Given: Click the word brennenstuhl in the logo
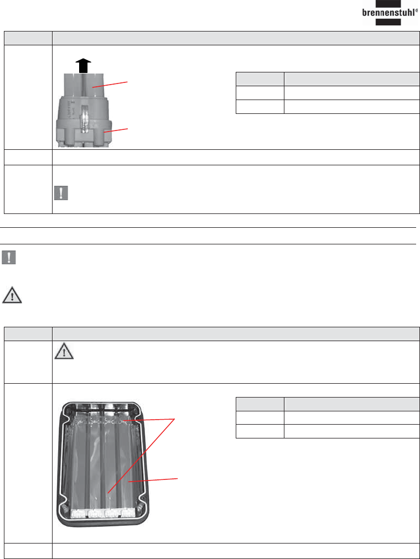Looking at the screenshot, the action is tap(388, 13).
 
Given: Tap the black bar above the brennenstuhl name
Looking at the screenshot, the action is tap(388, 3).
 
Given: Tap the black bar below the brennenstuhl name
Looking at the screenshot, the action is tap(388, 22).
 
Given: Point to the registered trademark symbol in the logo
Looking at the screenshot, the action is tap(417, 11).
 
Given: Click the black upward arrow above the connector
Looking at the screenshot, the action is tap(83, 66).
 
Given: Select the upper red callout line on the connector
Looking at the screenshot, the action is tap(110, 85).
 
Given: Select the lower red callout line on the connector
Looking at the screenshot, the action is tap(116, 130).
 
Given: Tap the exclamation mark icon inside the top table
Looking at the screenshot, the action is tap(61, 193).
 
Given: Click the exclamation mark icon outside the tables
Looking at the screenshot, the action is tap(8, 257).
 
